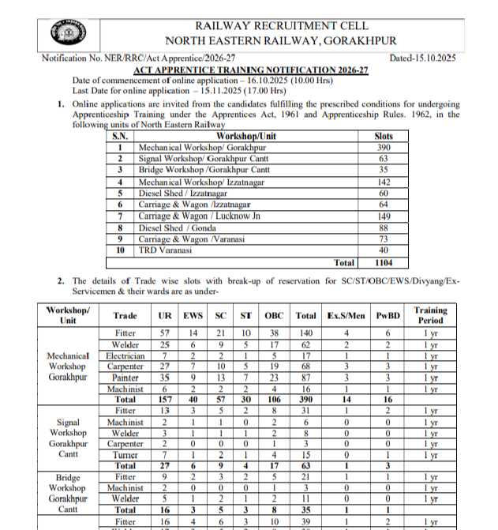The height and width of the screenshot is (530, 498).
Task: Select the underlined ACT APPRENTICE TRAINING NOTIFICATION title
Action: click(250, 70)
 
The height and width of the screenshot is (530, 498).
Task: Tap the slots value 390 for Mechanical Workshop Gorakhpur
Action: click(384, 148)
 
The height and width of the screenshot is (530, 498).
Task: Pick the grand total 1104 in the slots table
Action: click(384, 262)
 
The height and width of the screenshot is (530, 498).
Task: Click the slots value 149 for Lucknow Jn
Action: click(384, 216)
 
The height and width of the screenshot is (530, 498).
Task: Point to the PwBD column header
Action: click(388, 316)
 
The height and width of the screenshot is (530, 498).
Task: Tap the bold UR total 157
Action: click(163, 400)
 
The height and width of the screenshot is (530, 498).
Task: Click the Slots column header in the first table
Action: click(384, 137)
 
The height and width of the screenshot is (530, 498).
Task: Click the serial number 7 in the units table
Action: click(119, 216)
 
